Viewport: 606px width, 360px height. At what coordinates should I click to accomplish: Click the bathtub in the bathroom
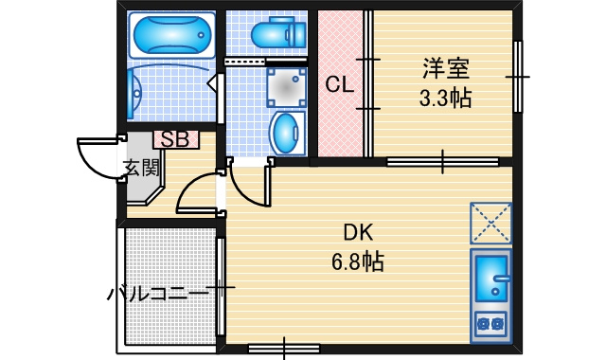[171, 35]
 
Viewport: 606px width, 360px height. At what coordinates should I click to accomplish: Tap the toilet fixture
[278, 32]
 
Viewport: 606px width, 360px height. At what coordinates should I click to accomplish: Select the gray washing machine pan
[286, 87]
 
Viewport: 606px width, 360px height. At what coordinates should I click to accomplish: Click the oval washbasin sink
[286, 133]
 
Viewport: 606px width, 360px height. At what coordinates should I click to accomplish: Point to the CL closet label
[339, 84]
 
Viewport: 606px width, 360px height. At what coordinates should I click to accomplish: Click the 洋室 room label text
[446, 68]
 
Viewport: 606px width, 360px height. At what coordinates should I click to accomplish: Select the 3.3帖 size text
[446, 98]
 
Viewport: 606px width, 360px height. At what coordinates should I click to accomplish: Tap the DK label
[358, 233]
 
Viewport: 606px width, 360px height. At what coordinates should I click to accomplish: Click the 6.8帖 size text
[358, 261]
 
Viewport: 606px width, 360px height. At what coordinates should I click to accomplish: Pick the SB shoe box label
[176, 139]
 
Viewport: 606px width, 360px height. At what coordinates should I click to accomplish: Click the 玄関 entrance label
[141, 168]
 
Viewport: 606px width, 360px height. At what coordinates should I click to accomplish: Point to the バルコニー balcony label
[157, 294]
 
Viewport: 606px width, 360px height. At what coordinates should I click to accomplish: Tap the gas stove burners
[490, 322]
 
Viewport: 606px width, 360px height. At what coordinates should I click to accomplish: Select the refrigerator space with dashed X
[490, 224]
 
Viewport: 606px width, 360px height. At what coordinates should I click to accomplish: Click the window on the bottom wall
[284, 349]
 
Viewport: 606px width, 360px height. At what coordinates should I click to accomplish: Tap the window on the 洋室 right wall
[518, 77]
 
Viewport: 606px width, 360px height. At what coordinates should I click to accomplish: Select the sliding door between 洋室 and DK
[443, 162]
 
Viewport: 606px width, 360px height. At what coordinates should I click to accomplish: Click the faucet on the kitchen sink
[501, 278]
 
